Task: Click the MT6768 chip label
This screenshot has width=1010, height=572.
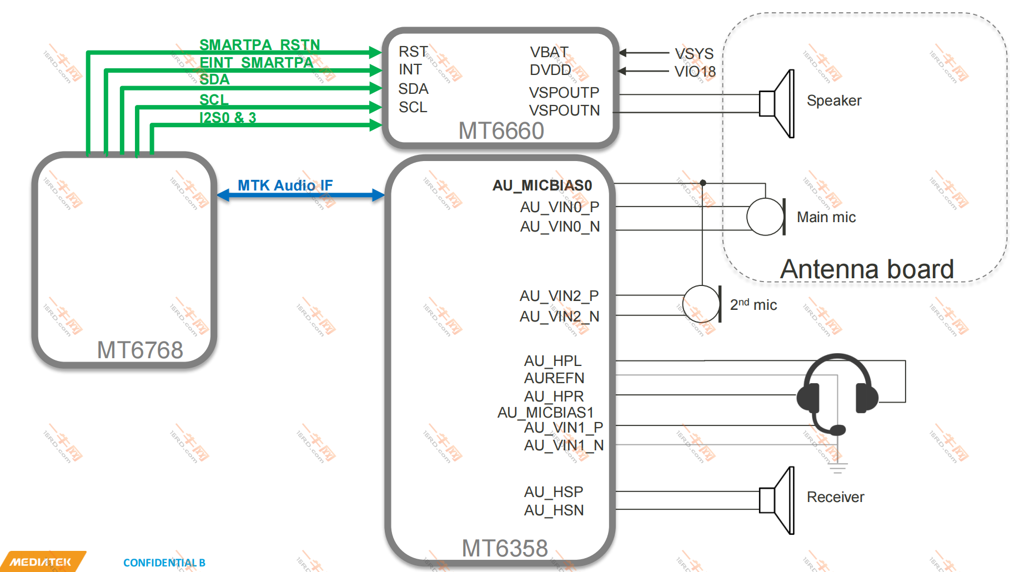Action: point(140,350)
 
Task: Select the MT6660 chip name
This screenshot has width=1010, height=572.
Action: point(501,131)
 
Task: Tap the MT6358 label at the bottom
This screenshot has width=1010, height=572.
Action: point(505,548)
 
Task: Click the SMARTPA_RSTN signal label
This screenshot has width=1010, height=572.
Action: point(259,44)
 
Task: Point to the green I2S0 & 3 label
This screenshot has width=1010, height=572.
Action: point(228,118)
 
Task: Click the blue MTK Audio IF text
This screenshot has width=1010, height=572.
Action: point(285,185)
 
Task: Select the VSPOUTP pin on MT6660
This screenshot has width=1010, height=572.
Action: point(564,92)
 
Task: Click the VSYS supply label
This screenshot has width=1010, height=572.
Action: point(694,53)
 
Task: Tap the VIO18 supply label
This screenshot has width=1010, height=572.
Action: point(695,72)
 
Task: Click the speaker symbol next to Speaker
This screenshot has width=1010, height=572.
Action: point(778,104)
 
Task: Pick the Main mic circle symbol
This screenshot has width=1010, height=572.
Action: point(765,217)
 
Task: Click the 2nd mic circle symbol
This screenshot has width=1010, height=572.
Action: point(701,304)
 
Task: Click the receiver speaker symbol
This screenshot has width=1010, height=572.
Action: point(778,500)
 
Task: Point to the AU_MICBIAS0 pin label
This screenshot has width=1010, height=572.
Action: point(542,185)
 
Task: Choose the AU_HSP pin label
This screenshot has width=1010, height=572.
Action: point(553,492)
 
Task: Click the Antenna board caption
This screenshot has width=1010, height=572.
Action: point(867,269)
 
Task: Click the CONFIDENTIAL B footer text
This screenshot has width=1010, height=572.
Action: point(164,563)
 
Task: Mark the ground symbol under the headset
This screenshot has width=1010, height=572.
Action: point(838,468)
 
